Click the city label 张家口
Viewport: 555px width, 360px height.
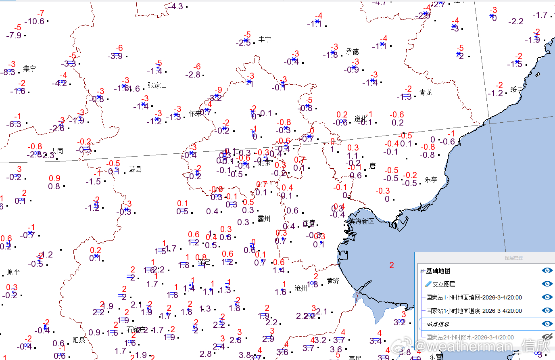(x=157, y=85)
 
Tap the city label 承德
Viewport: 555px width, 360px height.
(x=352, y=52)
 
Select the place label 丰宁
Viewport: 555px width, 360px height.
(x=265, y=39)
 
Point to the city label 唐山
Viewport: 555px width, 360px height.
(x=375, y=166)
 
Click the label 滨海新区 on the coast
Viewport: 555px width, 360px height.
(x=362, y=221)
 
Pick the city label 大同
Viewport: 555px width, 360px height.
(x=56, y=151)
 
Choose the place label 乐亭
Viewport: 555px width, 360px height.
(x=431, y=180)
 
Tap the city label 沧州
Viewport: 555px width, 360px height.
(x=300, y=288)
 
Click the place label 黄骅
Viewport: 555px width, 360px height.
(x=333, y=281)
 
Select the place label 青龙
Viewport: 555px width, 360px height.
(x=426, y=92)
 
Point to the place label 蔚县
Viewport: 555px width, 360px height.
(x=135, y=169)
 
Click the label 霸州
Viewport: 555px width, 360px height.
(x=264, y=219)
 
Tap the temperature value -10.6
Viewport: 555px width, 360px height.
(x=34, y=21)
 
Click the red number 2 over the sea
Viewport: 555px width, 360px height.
(x=391, y=265)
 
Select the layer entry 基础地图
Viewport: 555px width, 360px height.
(x=438, y=271)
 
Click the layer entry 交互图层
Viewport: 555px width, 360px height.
(x=444, y=284)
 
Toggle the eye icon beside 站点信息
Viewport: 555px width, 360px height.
(x=547, y=324)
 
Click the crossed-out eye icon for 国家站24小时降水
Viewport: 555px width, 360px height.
(x=547, y=337)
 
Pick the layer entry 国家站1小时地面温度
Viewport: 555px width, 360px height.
(x=474, y=311)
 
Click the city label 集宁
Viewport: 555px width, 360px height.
(x=29, y=69)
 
